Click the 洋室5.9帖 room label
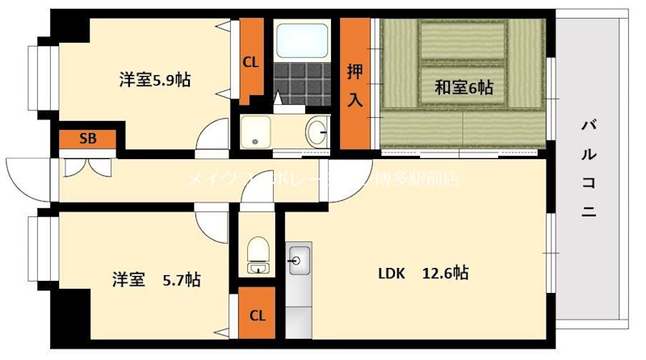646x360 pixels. coord(155,80)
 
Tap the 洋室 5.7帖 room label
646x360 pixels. coord(156,280)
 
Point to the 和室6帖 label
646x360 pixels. coord(464,87)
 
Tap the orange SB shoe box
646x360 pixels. coord(87,138)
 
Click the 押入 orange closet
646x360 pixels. coord(354,84)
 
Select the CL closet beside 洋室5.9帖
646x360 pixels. coord(251,61)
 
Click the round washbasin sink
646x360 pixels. coord(317,132)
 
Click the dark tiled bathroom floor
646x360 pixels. coord(301,82)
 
